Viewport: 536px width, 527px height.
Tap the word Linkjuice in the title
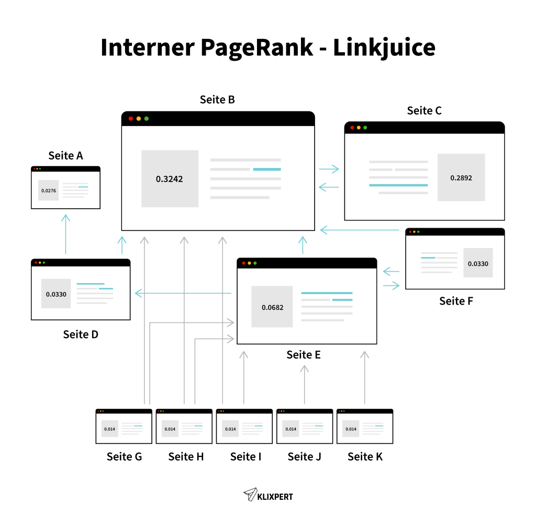tap(384, 48)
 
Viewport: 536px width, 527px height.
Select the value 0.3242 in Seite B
tap(170, 179)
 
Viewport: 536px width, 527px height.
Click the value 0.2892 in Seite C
tap(461, 178)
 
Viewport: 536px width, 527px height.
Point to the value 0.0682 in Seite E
tap(272, 307)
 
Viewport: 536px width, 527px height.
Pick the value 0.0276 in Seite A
tap(48, 190)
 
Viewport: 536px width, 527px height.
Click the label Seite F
tap(456, 301)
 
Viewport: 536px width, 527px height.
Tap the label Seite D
tap(81, 334)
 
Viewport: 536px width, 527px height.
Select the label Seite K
tap(365, 457)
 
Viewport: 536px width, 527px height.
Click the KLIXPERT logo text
tap(274, 495)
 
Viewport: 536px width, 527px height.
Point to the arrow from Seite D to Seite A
tap(65, 233)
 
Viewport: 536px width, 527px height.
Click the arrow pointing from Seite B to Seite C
tap(329, 169)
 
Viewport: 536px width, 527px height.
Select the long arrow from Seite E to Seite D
tap(183, 294)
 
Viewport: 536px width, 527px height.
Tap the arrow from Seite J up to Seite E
tap(304, 384)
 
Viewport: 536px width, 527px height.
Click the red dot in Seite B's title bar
tap(131, 119)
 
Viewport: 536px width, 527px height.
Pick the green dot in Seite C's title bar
tap(365, 128)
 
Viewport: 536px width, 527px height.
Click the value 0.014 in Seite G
tap(109, 429)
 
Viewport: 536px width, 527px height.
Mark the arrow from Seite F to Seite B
tap(361, 229)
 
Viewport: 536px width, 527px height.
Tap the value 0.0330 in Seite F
tap(477, 264)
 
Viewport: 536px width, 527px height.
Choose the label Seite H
tap(186, 457)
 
